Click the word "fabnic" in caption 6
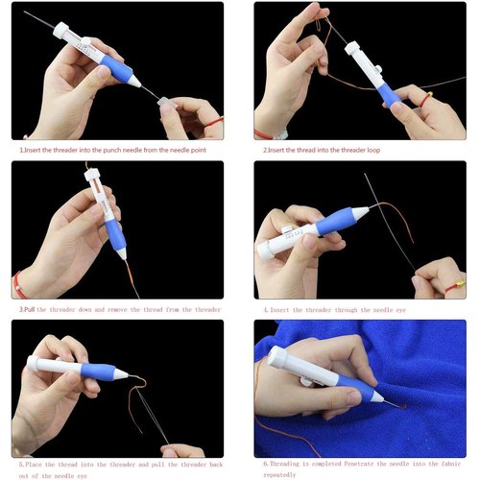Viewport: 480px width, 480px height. click(x=452, y=464)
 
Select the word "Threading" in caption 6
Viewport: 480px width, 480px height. click(x=291, y=464)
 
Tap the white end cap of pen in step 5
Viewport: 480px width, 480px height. click(x=34, y=364)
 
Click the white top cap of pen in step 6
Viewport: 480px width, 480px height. click(x=277, y=358)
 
